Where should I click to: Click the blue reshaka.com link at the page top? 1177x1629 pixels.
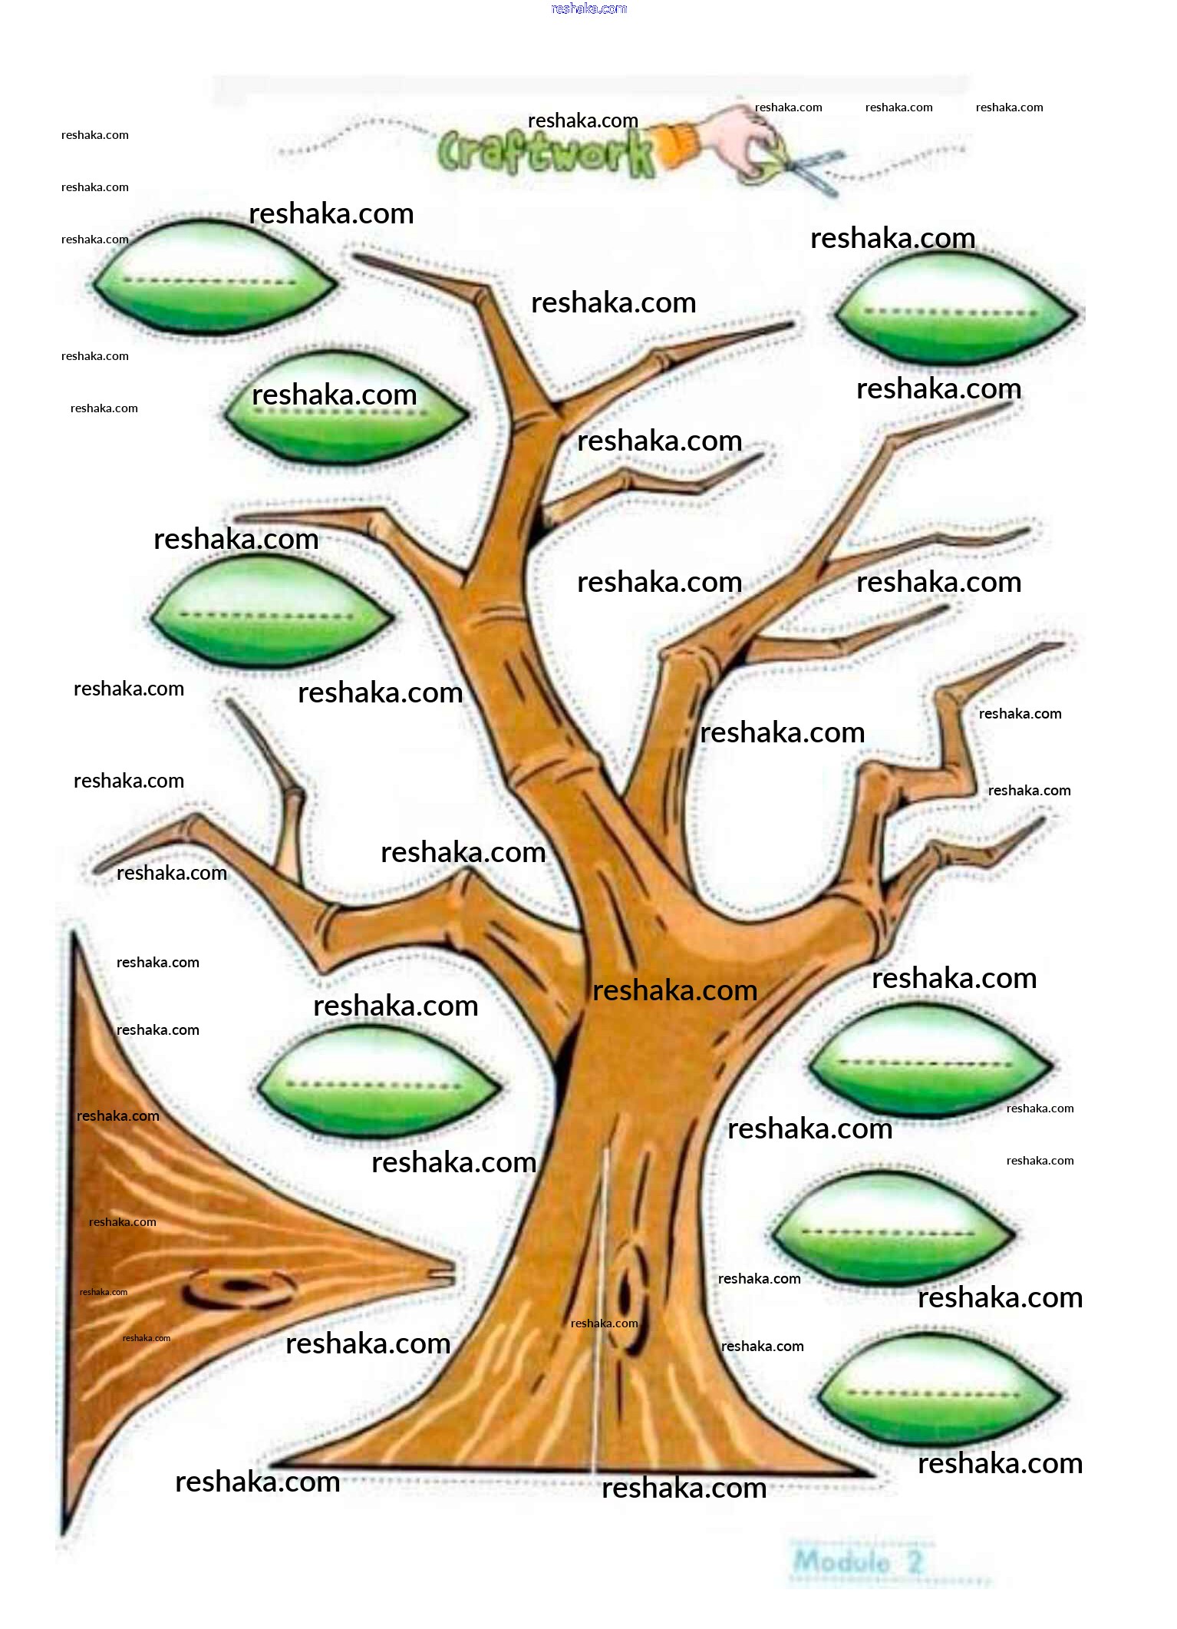point(588,8)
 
